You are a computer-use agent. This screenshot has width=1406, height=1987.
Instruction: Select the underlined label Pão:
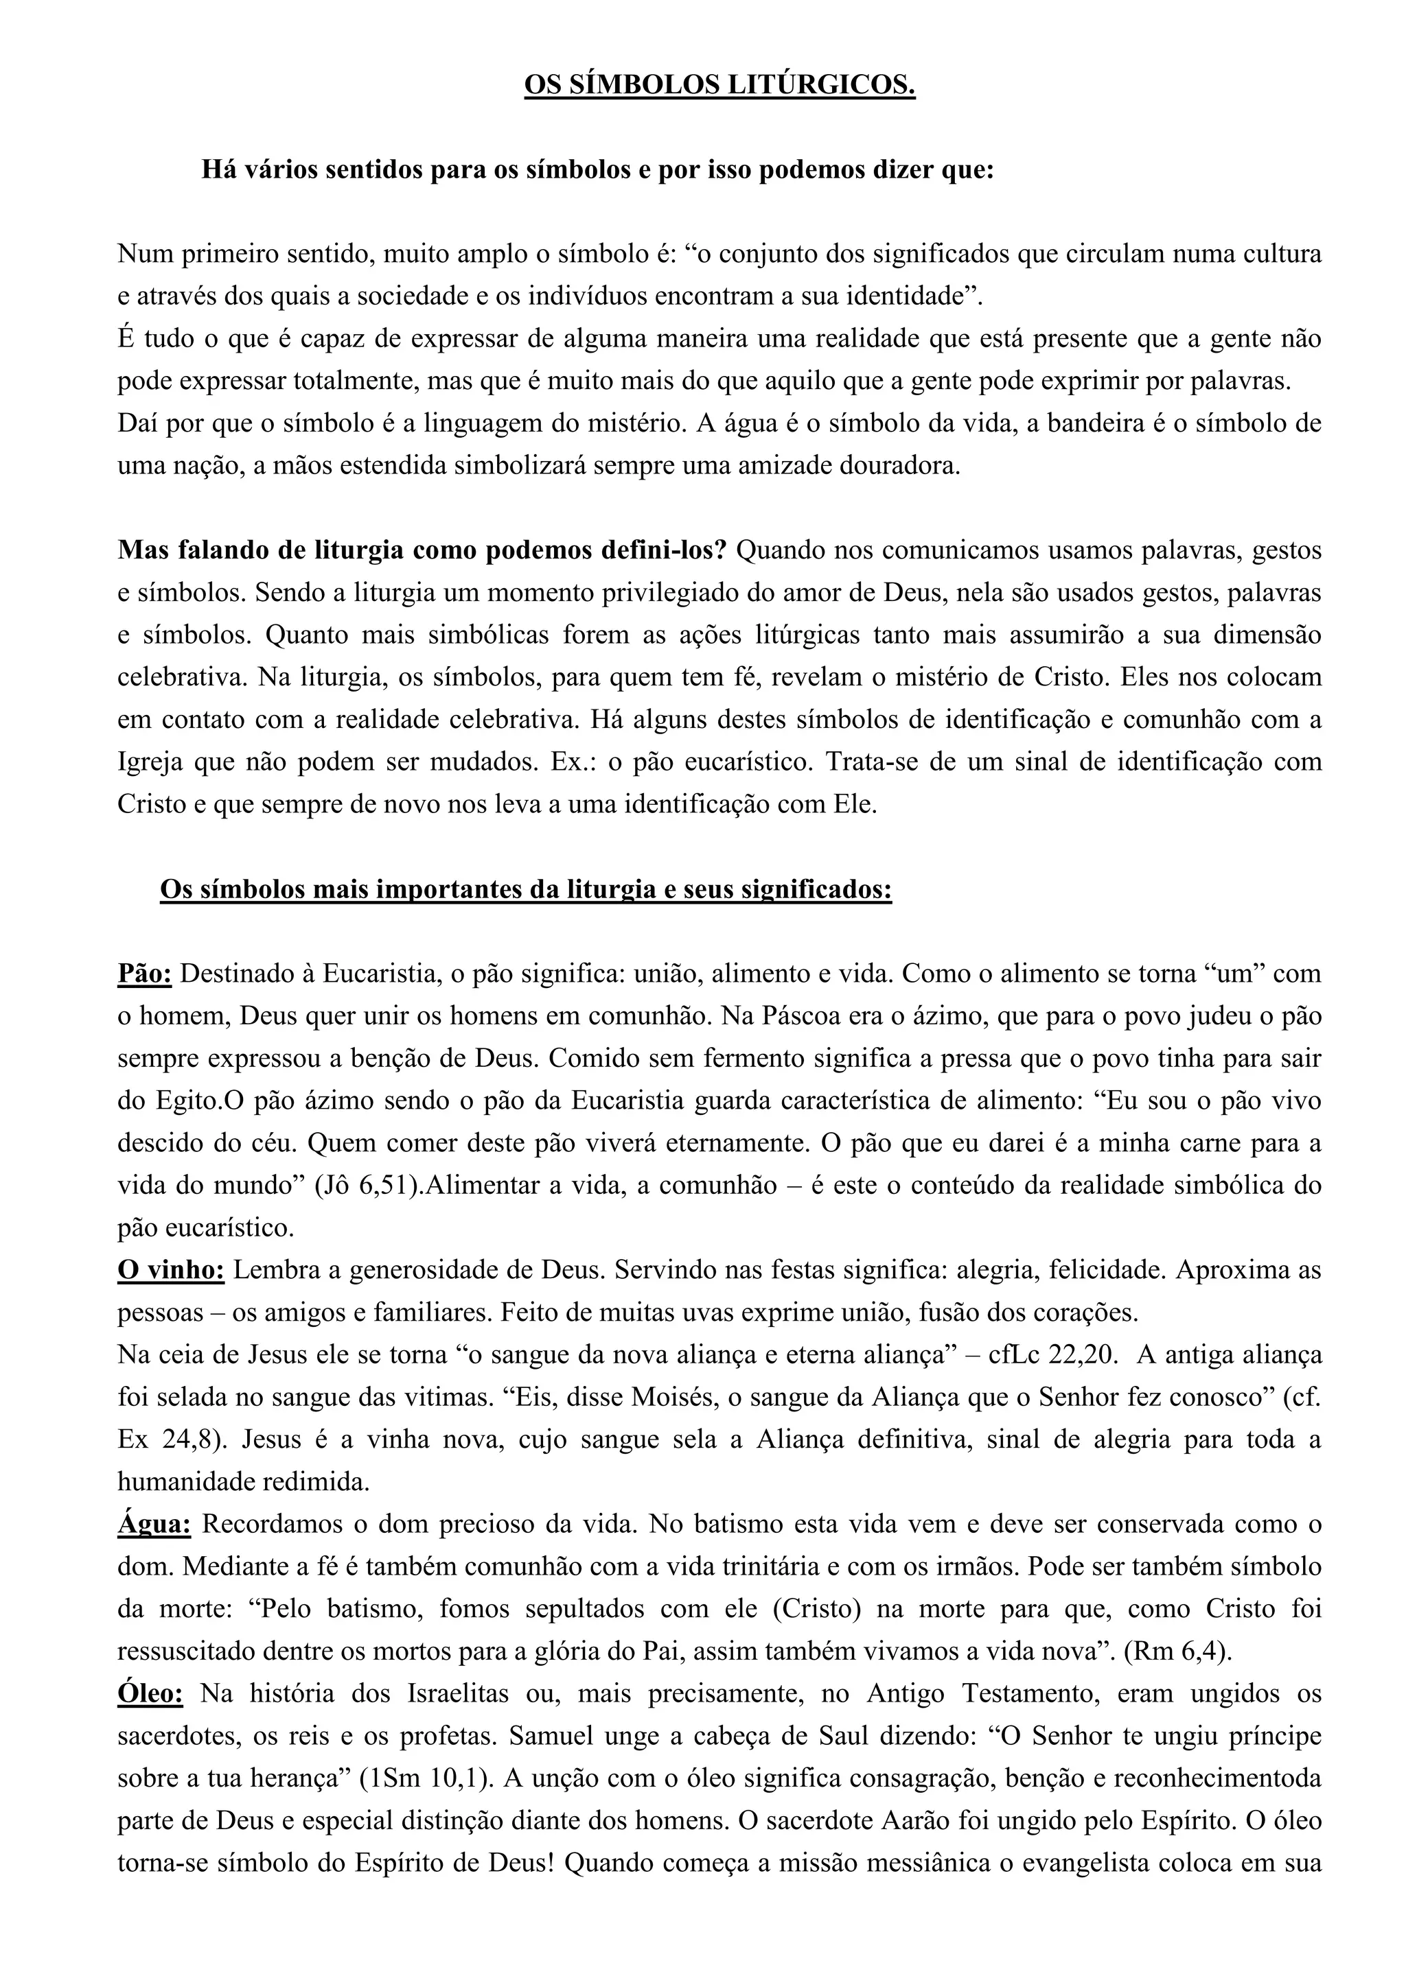145,974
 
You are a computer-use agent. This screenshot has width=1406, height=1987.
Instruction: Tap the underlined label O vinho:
172,1271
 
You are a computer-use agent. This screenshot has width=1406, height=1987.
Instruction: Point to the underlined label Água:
154,1524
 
